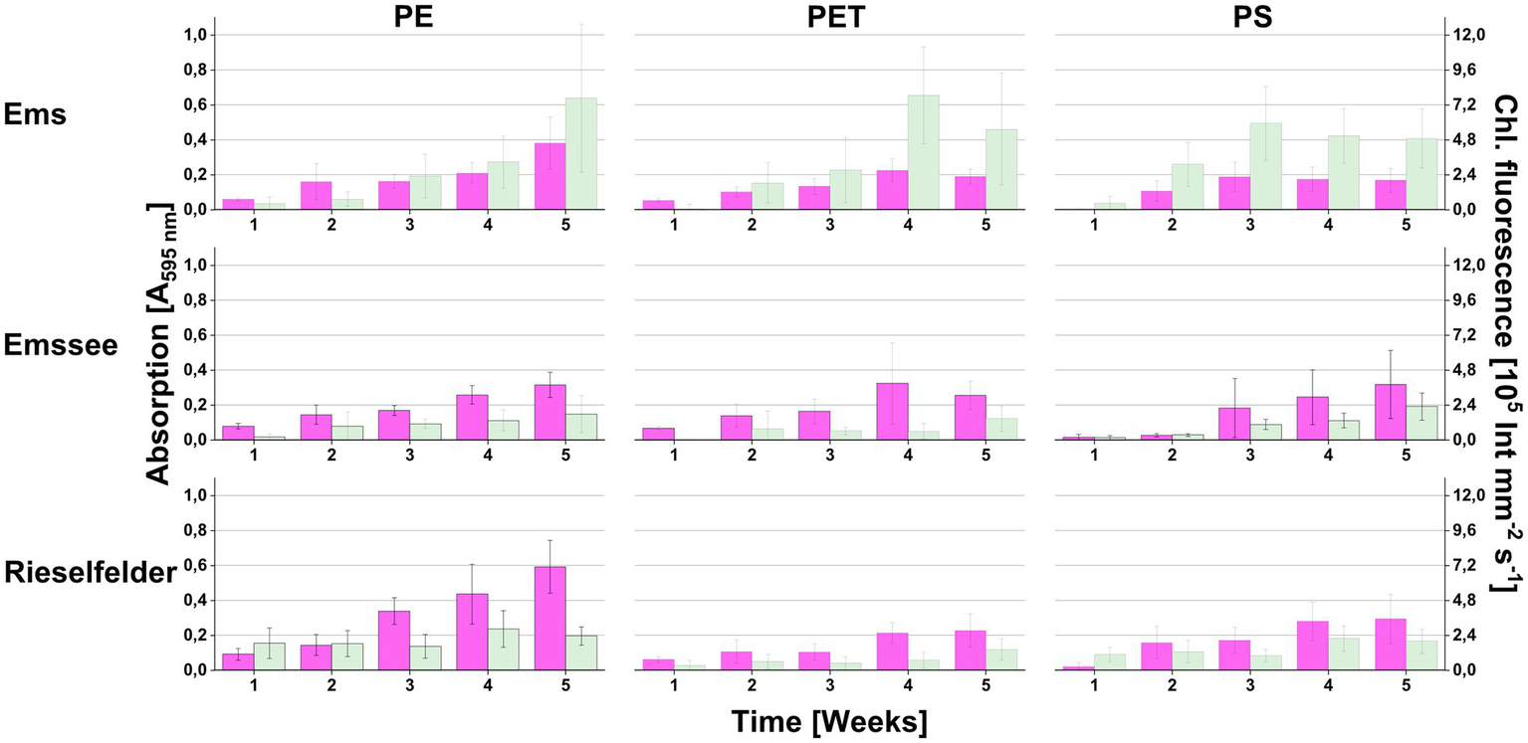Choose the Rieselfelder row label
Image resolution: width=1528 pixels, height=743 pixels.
tap(90, 574)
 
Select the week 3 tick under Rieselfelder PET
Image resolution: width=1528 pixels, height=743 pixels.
tap(830, 685)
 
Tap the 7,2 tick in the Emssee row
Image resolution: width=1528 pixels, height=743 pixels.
tap(1461, 335)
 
